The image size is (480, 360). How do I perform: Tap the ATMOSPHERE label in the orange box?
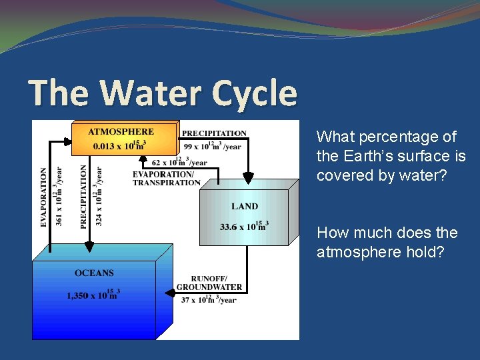click(x=121, y=131)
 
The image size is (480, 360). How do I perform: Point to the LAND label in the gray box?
click(x=245, y=206)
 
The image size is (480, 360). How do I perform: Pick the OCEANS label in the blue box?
click(x=94, y=273)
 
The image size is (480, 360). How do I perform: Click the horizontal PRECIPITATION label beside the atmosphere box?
click(x=214, y=133)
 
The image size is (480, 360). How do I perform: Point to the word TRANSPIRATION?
click(x=166, y=183)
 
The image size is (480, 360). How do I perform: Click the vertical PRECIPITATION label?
click(x=84, y=197)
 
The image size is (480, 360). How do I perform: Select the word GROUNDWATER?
click(x=209, y=287)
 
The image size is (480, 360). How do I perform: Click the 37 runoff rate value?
click(x=186, y=300)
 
